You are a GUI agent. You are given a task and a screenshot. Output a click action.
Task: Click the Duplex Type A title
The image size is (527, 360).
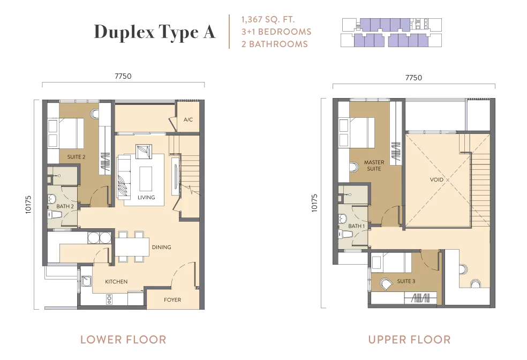coord(155,32)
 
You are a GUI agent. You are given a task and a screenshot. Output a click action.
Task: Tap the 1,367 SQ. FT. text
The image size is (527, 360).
coord(268,19)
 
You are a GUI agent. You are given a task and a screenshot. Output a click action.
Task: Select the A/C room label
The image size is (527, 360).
coord(188,119)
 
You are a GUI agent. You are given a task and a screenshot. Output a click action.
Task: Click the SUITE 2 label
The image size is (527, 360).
coord(76,157)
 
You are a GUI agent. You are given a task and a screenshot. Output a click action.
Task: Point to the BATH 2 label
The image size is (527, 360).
coord(65,206)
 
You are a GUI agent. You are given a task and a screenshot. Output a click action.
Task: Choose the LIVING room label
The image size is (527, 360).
coord(146,197)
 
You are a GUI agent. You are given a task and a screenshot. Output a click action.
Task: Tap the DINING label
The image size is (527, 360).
coord(162,247)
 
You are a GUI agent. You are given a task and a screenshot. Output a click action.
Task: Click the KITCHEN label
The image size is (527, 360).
coord(116,282)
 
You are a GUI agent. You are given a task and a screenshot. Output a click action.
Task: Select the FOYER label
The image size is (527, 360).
coord(172,300)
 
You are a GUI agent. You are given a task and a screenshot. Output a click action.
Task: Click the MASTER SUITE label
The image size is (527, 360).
coord(374,166)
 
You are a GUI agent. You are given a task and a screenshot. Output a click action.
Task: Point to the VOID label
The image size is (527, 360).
coord(436,179)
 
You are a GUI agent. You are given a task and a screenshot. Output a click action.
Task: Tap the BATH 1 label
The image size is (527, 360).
coord(357,226)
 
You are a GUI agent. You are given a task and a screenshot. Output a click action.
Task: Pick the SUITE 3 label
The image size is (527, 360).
coord(406,281)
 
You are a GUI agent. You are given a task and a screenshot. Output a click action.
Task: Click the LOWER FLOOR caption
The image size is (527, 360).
coord(123,340)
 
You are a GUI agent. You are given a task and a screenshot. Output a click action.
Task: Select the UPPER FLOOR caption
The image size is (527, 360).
coord(409,340)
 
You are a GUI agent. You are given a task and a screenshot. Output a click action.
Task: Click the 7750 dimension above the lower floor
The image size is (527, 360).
coord(123,76)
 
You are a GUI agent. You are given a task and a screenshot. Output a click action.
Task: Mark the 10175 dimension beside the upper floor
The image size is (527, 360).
coord(314,202)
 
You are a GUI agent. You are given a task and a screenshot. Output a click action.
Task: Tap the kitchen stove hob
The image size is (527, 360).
coord(109,299)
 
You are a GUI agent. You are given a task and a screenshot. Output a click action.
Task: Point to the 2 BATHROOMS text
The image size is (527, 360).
coord(275,44)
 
